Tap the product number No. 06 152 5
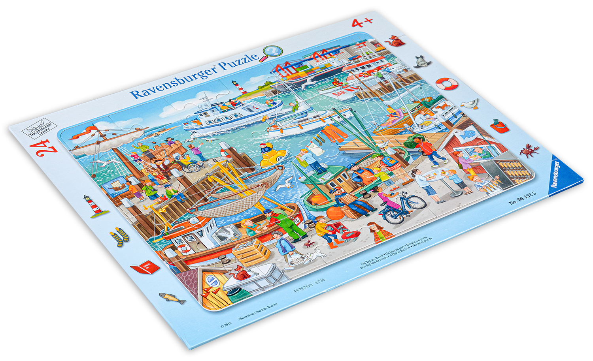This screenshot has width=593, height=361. (x=522, y=198)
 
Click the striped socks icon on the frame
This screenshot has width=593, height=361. (x=119, y=237)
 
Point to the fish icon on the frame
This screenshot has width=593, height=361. (x=172, y=298)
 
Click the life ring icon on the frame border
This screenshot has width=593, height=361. (x=446, y=84)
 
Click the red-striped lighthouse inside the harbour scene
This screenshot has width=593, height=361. (x=240, y=88)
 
